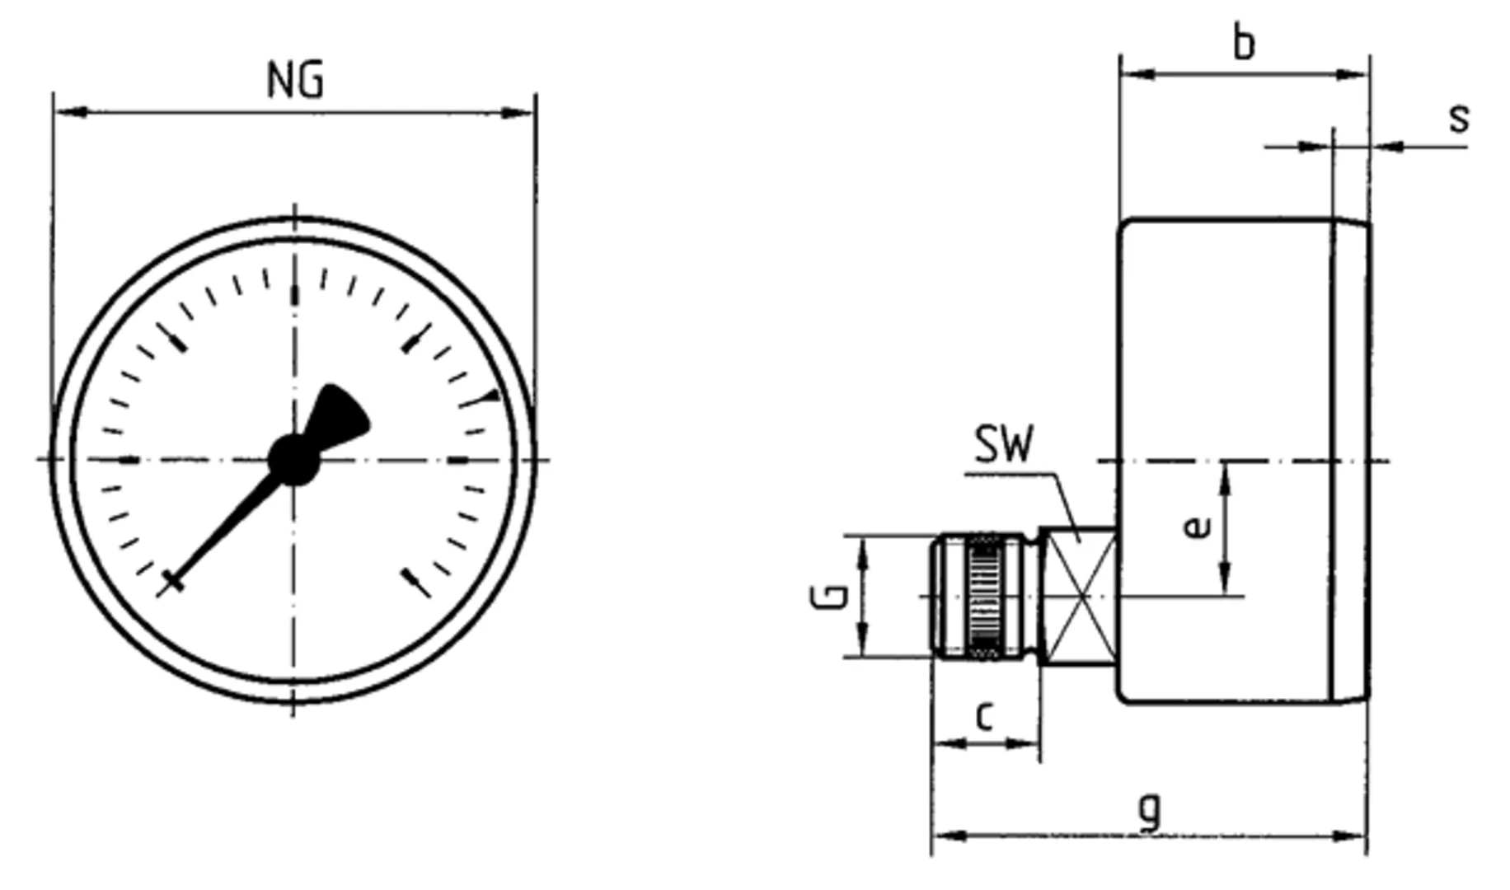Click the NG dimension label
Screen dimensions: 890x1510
point(295,81)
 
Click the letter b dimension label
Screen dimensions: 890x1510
point(1244,43)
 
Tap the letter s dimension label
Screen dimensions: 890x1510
point(1459,118)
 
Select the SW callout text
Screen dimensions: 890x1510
point(1003,445)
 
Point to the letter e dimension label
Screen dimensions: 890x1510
point(1196,526)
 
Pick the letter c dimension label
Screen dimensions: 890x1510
point(984,716)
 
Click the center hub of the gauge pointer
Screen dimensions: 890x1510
point(293,460)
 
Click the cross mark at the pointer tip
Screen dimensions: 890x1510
point(171,581)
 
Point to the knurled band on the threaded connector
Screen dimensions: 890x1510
point(982,596)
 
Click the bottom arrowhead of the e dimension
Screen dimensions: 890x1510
point(1225,580)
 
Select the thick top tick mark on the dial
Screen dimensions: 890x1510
point(294,295)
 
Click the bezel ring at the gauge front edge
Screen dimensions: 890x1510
point(1352,461)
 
